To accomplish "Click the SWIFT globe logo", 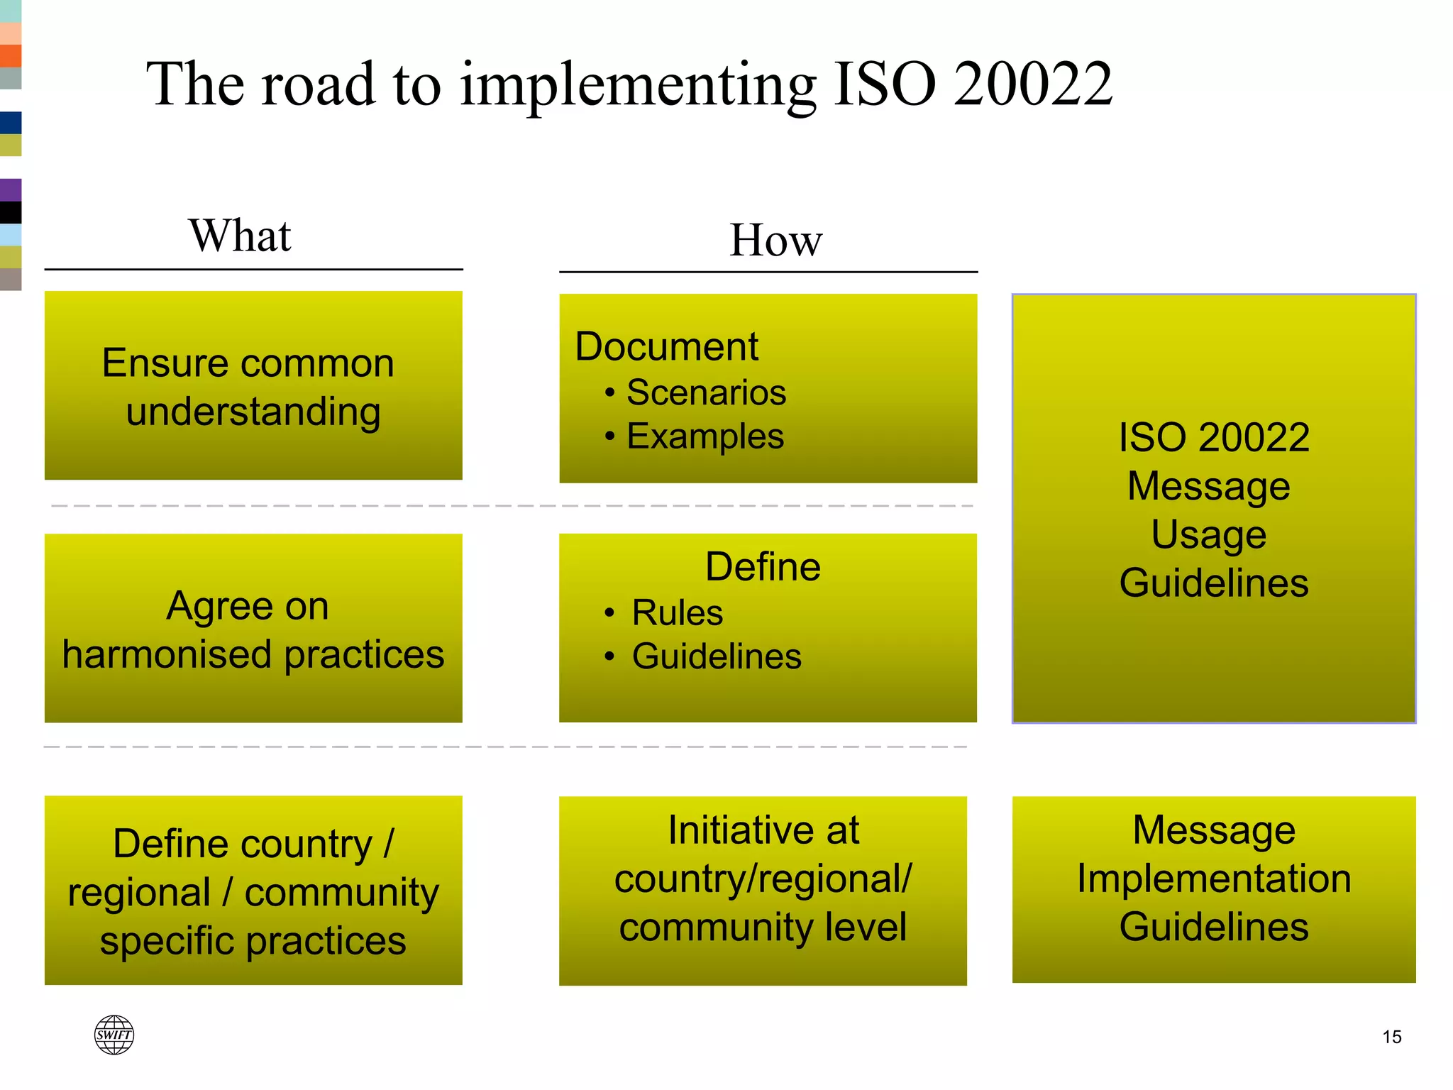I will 114,1035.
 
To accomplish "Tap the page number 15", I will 1392,1037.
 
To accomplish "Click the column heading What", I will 240,236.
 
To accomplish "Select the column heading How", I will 776,240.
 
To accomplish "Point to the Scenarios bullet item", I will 706,392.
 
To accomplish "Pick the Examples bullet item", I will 705,436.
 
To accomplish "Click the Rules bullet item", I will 677,612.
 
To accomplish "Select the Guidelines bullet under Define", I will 717,656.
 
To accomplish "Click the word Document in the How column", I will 666,346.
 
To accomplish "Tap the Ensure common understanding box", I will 253,386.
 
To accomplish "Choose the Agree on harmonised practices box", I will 253,629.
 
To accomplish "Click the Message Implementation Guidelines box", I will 1214,890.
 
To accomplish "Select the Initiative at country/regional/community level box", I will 763,890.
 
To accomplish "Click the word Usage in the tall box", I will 1208,534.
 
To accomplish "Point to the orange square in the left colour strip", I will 11,55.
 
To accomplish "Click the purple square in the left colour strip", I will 11,189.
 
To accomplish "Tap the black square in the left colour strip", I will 11,212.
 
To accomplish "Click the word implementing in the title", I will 638,85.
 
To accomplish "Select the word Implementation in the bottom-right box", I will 1214,879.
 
